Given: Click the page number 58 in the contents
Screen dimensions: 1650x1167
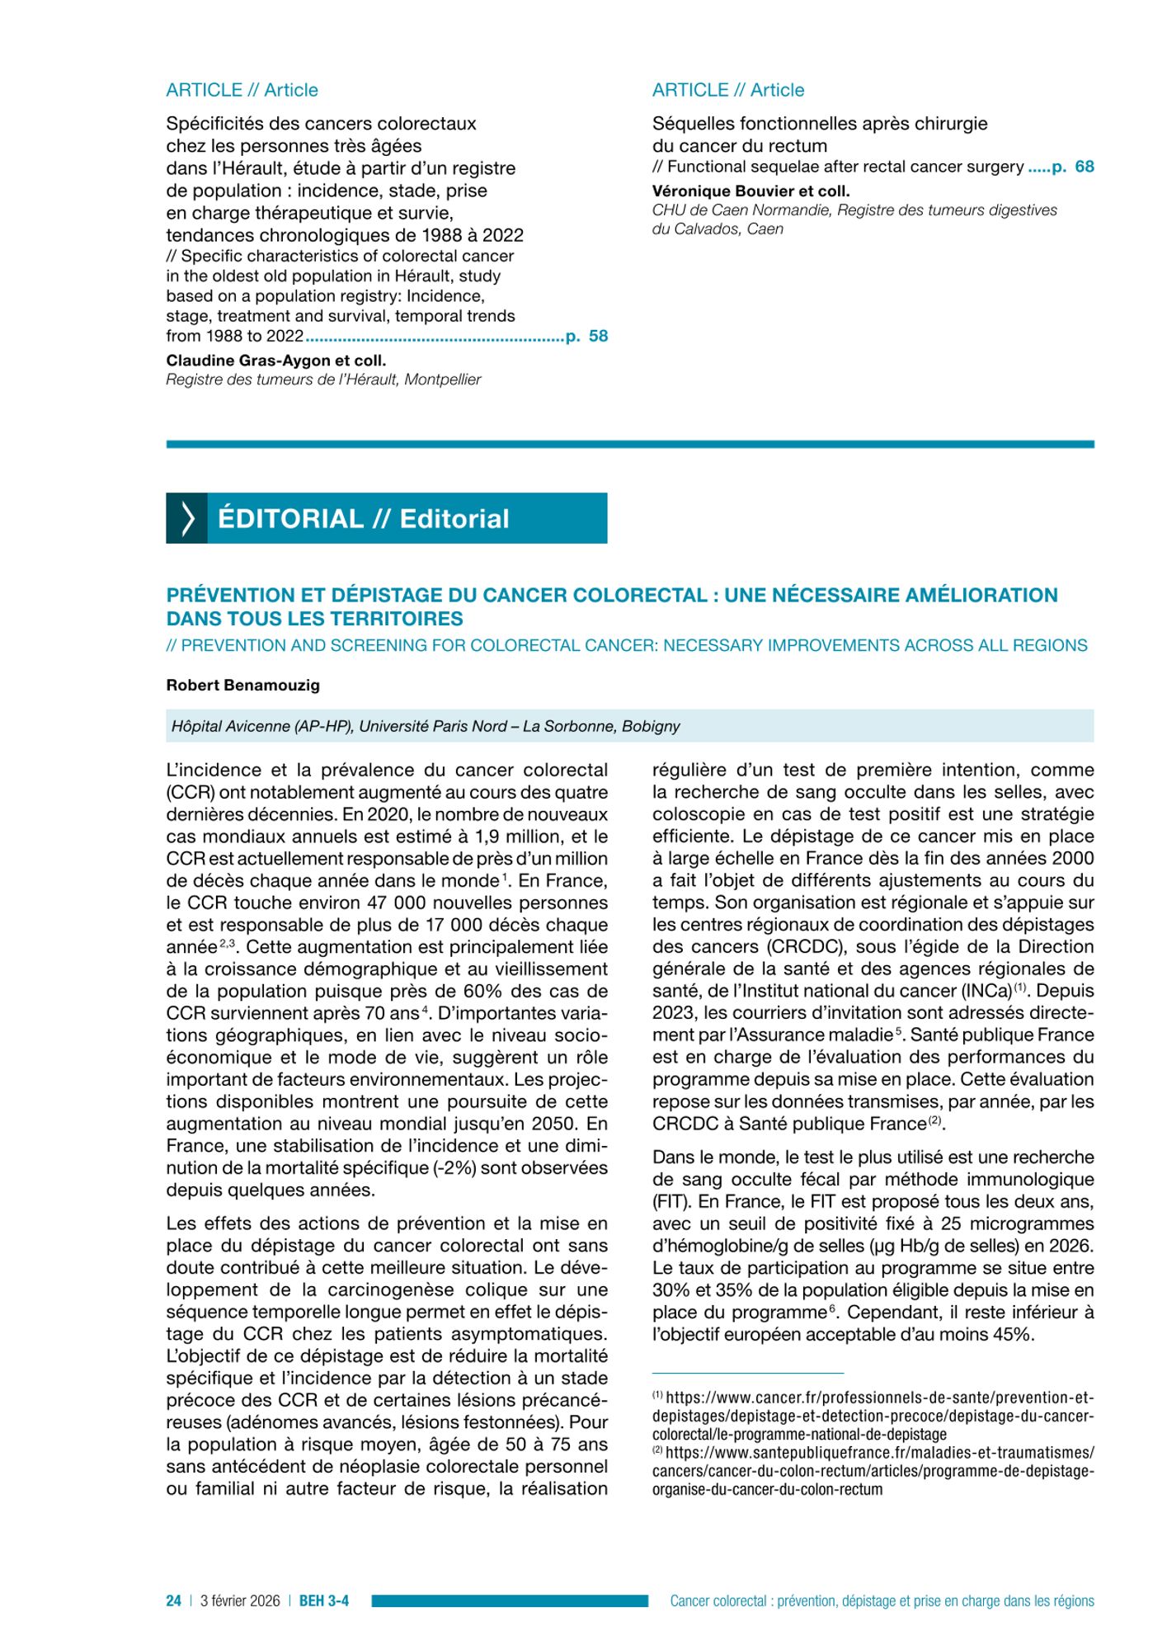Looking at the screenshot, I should [x=598, y=336].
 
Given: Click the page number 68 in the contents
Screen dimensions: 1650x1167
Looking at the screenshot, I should [x=1085, y=167].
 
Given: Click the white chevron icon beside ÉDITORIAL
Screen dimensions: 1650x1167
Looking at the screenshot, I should [x=187, y=519].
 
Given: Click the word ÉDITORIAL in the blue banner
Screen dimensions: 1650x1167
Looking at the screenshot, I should [x=290, y=519].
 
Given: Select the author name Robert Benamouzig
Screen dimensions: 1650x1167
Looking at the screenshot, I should [x=242, y=686].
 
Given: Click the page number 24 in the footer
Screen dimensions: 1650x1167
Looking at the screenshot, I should [x=173, y=1600].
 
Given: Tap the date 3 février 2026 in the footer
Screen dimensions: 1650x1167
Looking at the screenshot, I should [x=240, y=1600].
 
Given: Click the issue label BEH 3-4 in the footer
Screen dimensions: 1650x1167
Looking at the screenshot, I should [x=323, y=1600].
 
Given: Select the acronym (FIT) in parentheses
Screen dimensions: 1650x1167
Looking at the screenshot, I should [x=669, y=1202].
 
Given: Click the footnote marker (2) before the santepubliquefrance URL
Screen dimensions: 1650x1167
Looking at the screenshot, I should [x=657, y=1450].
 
